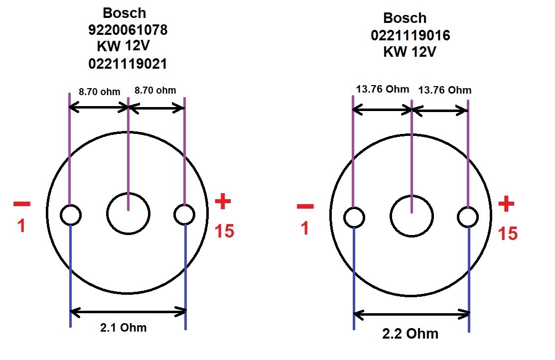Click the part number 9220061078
click(x=128, y=30)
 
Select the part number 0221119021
click(x=128, y=64)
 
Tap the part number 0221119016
click(x=410, y=35)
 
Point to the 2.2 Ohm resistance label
click(x=411, y=333)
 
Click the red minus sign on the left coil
click(x=21, y=204)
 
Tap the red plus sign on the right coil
click(x=507, y=205)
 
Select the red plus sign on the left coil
click(x=223, y=202)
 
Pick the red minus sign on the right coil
click(x=305, y=206)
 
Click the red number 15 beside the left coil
click(x=224, y=231)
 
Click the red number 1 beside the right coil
click(x=305, y=229)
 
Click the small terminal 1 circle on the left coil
click(x=71, y=215)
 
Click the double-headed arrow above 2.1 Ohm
click(x=128, y=312)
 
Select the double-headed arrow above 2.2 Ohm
click(x=412, y=314)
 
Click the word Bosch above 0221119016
click(x=405, y=18)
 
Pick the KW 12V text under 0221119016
click(x=410, y=52)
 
